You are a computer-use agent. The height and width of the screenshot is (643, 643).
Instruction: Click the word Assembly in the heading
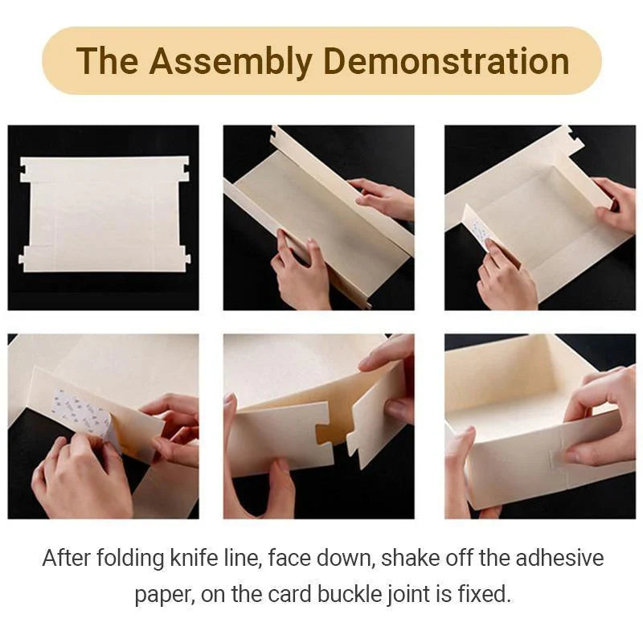(x=231, y=62)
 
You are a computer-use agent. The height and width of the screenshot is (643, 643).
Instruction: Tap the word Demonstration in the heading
(x=446, y=61)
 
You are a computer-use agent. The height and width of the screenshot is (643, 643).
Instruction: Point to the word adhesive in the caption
(x=559, y=558)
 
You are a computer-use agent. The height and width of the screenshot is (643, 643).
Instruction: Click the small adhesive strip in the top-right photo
(x=478, y=231)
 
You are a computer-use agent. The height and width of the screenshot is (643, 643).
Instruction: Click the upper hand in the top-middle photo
(x=380, y=197)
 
